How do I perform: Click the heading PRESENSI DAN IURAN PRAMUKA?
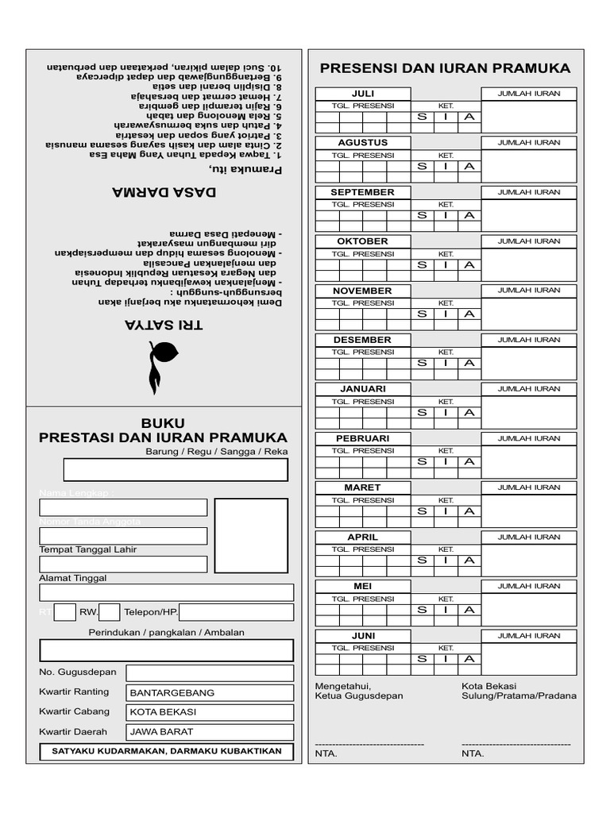pos(445,68)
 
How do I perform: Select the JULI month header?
pos(362,93)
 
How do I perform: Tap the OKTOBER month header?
pos(362,241)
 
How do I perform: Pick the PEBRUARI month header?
pos(362,438)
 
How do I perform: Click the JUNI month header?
pos(362,636)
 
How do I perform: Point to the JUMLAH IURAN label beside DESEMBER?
pos(528,340)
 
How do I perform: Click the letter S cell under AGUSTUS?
pos(422,166)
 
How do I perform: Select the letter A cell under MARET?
pos(469,511)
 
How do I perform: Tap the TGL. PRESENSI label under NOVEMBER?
pos(362,302)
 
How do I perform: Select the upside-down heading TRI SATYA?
pos(164,325)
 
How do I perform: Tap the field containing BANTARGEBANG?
pos(210,692)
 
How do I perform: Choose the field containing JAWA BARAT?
pos(210,732)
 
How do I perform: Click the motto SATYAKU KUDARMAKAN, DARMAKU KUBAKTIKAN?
pos(167,751)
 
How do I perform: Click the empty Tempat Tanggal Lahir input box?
pos(123,564)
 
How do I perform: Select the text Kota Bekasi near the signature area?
pos(488,686)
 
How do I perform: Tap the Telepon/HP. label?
pos(151,612)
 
